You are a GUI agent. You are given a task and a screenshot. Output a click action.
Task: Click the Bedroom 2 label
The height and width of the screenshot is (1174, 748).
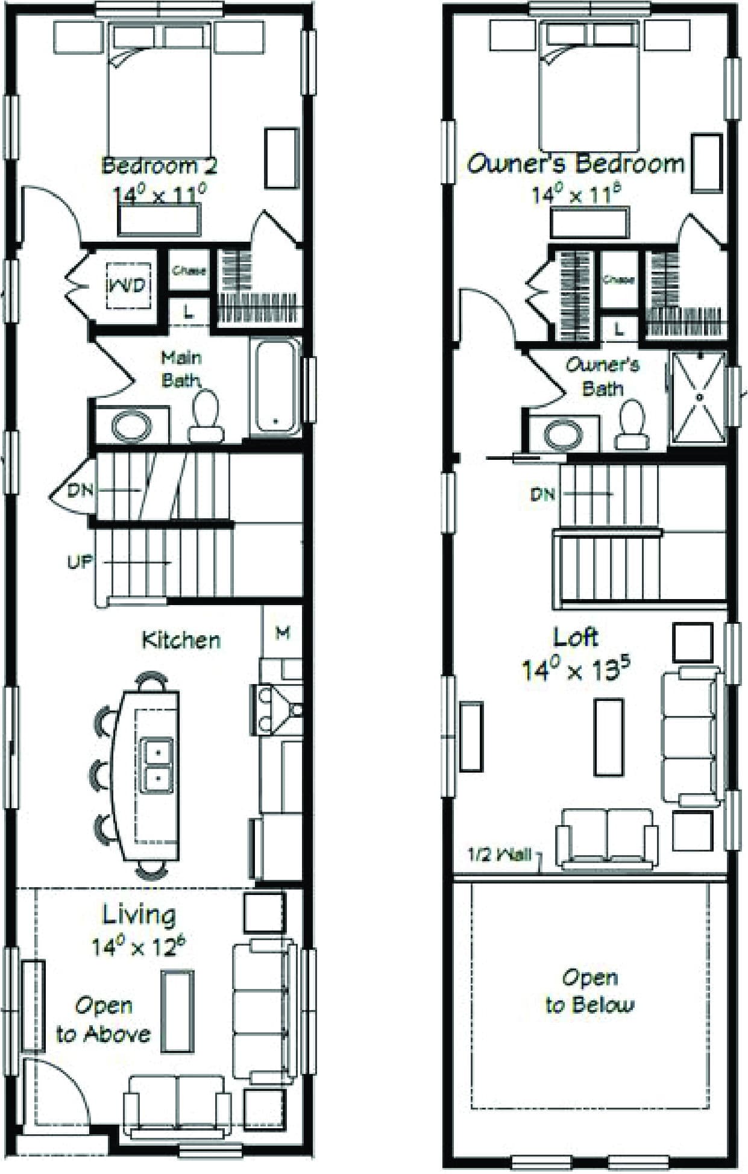[x=159, y=165]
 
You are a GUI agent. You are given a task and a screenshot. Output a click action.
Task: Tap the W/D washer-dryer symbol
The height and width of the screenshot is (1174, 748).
[x=127, y=285]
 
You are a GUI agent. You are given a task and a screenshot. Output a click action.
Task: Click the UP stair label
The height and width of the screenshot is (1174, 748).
[x=80, y=562]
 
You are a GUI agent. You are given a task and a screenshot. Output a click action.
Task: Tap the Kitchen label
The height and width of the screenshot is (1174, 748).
[x=181, y=639]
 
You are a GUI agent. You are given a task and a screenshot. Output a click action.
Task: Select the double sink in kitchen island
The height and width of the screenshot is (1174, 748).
[x=157, y=765]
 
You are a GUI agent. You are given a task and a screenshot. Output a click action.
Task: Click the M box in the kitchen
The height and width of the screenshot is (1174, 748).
[x=283, y=632]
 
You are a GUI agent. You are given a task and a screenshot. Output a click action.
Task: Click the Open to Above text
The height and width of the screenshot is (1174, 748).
[x=104, y=1020]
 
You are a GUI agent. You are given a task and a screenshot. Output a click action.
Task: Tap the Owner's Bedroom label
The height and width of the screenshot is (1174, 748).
[x=576, y=164]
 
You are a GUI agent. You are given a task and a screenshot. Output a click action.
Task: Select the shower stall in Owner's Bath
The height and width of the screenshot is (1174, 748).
[x=699, y=397]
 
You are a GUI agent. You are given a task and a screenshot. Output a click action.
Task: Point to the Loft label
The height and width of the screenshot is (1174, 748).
[x=576, y=637]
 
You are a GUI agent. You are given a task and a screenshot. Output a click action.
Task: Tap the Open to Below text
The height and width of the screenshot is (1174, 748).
[x=589, y=991]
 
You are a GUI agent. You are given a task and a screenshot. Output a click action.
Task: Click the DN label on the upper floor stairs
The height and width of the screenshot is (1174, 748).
[x=542, y=494]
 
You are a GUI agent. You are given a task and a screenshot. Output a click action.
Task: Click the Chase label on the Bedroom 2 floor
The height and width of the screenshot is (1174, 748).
[x=189, y=271]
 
